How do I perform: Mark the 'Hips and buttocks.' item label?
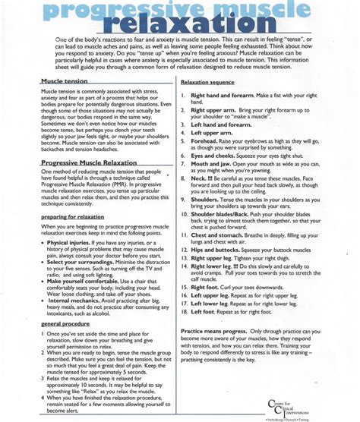pos(218,271)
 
